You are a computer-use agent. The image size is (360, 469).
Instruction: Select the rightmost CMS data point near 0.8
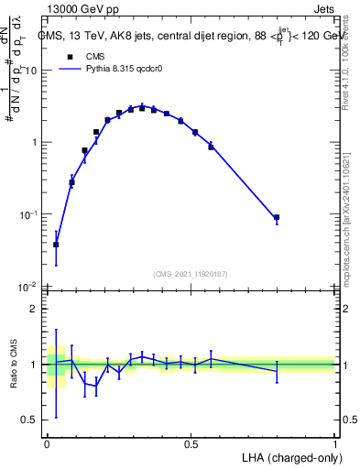pos(277,218)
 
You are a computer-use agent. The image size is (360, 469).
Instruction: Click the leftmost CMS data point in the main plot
pos(56,245)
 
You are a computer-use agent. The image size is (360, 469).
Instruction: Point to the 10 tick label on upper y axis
pos(30,71)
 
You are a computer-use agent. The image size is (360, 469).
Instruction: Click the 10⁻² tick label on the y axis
pos(27,287)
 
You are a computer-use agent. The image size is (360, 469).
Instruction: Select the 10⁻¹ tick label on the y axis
pos(27,214)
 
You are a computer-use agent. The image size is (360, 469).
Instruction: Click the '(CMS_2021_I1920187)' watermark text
pos(191,273)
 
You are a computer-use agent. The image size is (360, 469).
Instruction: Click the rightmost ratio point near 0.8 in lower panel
pos(277,370)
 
